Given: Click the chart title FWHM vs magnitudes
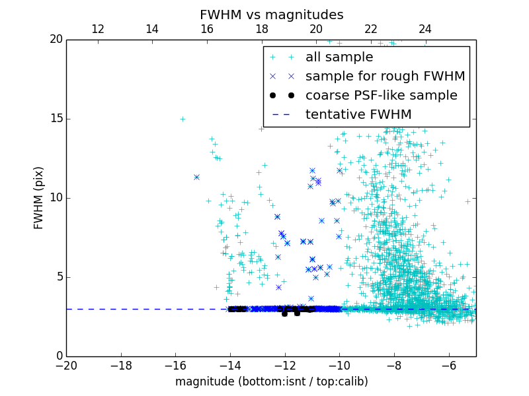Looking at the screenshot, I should coord(271,15).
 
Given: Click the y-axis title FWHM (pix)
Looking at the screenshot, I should coord(39,197).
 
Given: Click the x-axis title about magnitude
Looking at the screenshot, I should coord(271,381).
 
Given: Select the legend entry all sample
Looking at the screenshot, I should coord(339,57).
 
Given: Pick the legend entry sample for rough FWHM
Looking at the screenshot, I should coord(385,77).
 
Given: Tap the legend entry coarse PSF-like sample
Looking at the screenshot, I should coord(381,96).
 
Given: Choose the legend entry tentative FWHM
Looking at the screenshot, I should coord(358,115).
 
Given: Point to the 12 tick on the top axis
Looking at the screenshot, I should coord(98,29).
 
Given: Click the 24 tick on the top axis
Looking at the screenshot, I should coord(425,29).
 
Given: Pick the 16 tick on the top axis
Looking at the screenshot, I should coord(207,29).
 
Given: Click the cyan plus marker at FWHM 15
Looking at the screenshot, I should coord(183,119).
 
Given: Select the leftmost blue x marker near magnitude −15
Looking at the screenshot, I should coord(196,177).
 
